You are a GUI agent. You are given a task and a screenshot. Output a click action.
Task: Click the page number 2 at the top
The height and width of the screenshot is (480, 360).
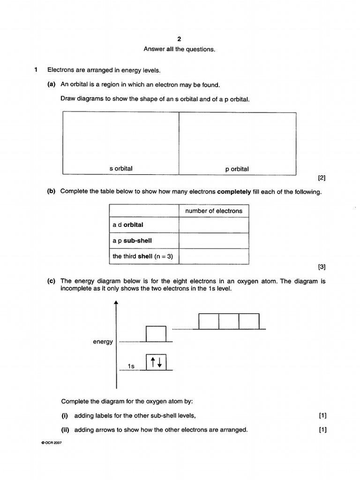coord(179,39)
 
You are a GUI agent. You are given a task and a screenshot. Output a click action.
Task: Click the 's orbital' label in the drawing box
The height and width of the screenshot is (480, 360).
coord(121,169)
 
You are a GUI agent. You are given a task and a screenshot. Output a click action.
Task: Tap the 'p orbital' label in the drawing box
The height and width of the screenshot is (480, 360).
coord(237,169)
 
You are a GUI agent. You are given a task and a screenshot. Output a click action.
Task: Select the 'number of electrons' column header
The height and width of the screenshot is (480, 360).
coord(214,211)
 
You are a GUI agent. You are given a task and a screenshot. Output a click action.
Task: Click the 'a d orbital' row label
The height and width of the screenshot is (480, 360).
coord(128,225)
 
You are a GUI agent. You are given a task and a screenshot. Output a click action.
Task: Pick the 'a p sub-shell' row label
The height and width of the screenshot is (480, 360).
coord(132,240)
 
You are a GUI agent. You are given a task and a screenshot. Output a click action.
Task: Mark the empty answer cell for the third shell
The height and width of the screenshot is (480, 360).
coord(214,256)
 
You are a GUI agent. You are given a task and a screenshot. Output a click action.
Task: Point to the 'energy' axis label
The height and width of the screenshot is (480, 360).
coord(103,342)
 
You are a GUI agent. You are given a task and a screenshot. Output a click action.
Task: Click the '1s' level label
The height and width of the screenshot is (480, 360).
coord(132,366)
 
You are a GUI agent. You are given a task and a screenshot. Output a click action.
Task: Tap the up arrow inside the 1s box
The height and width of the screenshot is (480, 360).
coord(152,362)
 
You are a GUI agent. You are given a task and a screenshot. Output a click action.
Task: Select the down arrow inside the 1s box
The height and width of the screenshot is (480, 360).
coord(160,362)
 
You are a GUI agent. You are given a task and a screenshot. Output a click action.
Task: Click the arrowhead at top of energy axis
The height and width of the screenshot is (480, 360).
coord(116,303)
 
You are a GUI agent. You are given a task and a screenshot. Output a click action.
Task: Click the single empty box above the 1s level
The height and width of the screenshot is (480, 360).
coord(156,334)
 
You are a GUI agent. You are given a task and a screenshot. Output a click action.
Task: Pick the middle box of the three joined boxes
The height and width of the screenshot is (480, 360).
coord(229,322)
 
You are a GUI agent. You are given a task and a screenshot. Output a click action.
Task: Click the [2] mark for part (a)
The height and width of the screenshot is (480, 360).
coord(322,178)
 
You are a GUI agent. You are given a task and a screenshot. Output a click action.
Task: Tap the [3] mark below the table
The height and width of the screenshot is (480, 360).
coord(322,267)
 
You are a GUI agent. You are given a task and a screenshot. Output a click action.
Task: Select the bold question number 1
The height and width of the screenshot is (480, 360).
coord(36,70)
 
